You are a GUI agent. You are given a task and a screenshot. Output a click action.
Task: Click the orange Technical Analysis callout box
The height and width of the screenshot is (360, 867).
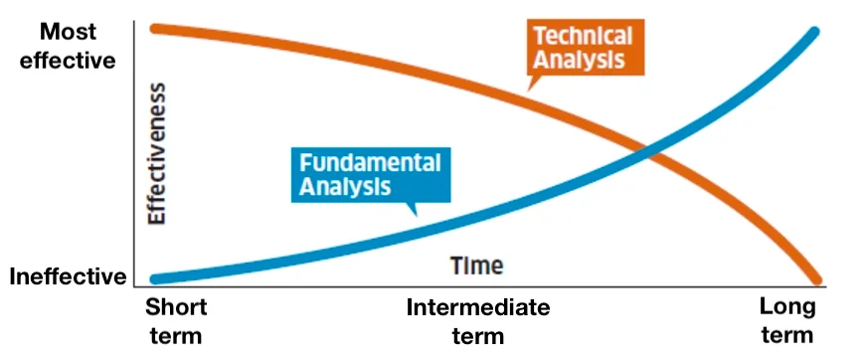(x=586, y=47)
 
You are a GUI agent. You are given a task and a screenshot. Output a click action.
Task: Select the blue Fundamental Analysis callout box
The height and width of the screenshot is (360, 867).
(x=371, y=174)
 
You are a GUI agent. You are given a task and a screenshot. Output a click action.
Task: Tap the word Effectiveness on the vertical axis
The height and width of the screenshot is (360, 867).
(x=157, y=154)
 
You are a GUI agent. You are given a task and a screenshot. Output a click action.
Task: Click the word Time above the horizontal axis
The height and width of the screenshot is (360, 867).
(x=476, y=266)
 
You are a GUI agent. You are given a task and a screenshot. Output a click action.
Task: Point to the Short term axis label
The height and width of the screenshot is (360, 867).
(x=176, y=321)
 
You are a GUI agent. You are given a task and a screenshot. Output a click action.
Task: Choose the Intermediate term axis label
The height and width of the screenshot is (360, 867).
(x=478, y=321)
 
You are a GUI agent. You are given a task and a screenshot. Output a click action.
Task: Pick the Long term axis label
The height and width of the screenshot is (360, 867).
(x=787, y=321)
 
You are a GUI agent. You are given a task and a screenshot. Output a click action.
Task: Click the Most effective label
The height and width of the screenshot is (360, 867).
(x=68, y=46)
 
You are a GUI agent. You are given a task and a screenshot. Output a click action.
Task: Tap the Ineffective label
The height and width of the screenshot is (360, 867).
(x=68, y=276)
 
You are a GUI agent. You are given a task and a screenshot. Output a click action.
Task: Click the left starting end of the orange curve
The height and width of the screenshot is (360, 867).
(x=155, y=28)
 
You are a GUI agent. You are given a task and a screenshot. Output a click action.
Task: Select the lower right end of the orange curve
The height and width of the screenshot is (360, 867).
(x=816, y=280)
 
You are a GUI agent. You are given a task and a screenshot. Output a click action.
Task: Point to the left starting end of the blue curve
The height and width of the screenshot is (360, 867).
(x=155, y=279)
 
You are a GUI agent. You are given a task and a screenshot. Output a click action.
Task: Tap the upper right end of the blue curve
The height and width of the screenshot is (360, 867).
(x=814, y=31)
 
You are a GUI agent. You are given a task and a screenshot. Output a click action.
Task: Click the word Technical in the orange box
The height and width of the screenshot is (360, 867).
(x=583, y=36)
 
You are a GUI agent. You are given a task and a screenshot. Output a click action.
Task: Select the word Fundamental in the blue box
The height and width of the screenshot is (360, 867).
(x=370, y=164)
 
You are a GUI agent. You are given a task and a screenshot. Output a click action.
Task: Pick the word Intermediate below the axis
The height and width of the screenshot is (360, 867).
(x=478, y=307)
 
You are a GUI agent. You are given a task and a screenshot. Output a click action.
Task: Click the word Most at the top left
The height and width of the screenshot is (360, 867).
(x=68, y=32)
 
